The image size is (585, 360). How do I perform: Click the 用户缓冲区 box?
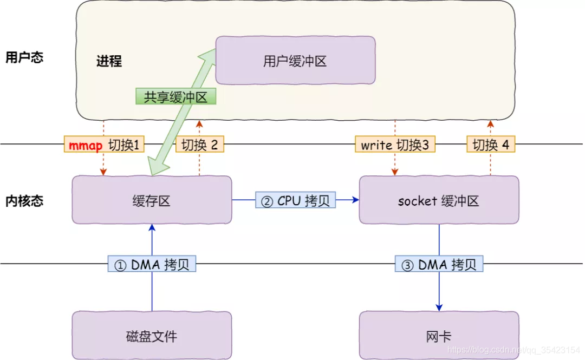pos(295,61)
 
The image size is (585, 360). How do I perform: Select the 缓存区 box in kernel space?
pos(152,200)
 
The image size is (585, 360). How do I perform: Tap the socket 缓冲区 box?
pos(439,200)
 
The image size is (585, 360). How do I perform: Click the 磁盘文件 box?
pos(152,336)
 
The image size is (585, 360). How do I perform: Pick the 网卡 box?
pos(439,336)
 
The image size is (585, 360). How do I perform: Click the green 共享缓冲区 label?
pos(175,97)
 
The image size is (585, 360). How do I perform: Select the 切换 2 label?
pos(199,145)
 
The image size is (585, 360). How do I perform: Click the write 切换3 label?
pos(395,145)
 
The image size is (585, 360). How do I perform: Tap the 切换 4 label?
pos(491,145)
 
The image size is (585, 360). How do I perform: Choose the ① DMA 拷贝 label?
pos(152,264)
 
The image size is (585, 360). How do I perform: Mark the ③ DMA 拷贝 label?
pos(439,264)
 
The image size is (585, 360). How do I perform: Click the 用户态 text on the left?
pos(24,57)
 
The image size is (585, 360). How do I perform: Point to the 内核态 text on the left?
pos(24,201)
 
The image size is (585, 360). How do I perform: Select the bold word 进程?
pos(109,61)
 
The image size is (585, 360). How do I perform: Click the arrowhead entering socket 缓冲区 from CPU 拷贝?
pos(355,200)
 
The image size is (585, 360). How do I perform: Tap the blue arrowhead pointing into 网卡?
pos(439,307)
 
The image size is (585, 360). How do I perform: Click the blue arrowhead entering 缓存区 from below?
pos(152,228)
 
